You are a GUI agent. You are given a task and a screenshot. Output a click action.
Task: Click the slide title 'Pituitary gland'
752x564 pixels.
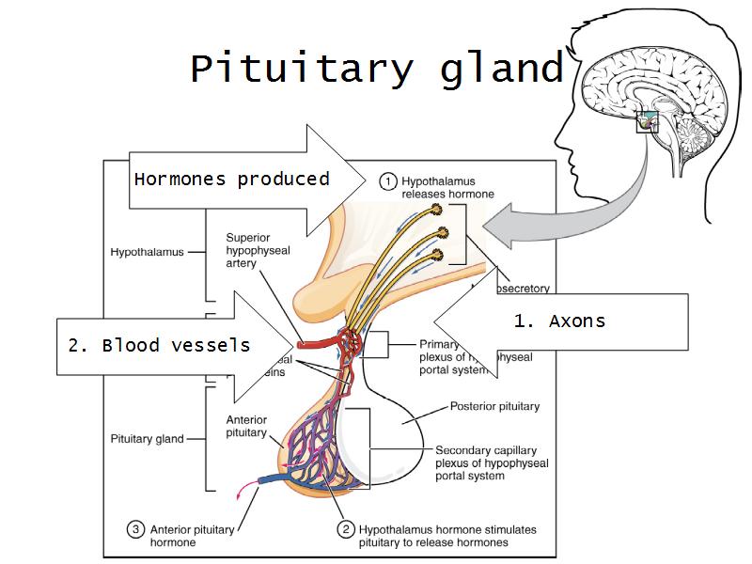376,69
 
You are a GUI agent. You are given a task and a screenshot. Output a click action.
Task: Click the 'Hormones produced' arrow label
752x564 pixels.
231,179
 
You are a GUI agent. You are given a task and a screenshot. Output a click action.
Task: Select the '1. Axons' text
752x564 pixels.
559,321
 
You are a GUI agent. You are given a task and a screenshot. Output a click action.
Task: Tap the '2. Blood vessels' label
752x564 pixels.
159,345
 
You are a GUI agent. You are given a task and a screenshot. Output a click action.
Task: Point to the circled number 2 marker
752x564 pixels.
346,530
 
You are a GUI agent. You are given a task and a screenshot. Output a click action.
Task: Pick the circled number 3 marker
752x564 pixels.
136,530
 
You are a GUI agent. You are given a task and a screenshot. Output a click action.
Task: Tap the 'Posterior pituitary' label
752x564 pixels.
494,407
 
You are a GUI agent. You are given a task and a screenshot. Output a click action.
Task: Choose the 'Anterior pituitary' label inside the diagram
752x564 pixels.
246,427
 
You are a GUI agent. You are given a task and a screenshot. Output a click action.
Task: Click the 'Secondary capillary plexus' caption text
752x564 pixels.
492,462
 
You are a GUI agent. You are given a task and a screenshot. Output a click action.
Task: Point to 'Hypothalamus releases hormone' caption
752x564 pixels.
447,186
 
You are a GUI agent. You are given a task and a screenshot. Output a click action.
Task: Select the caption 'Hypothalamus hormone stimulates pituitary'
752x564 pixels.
448,536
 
